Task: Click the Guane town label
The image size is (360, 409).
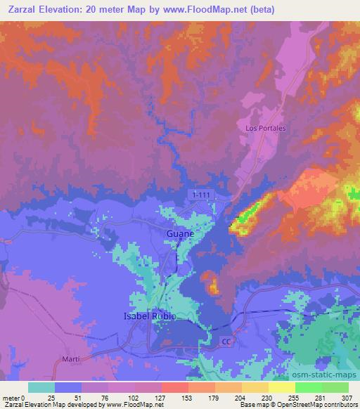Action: (179, 231)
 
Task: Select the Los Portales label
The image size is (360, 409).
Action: (265, 129)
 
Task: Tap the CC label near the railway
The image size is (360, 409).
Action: (226, 342)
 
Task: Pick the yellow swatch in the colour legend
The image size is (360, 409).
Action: (283, 387)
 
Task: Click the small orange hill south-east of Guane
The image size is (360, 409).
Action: (212, 284)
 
